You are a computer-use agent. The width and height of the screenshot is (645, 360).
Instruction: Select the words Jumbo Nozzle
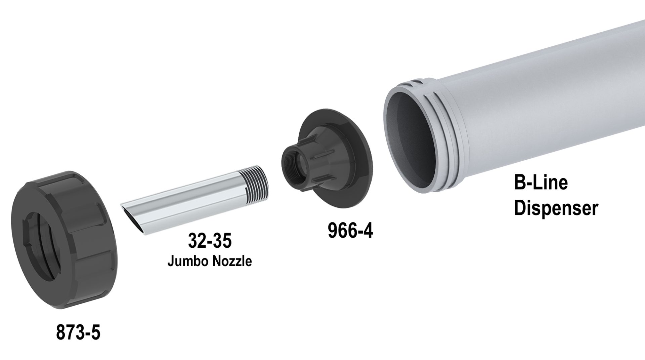(x=210, y=261)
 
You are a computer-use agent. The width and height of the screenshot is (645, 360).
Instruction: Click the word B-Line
(x=541, y=183)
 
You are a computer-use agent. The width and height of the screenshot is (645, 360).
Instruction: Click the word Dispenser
(x=556, y=208)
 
